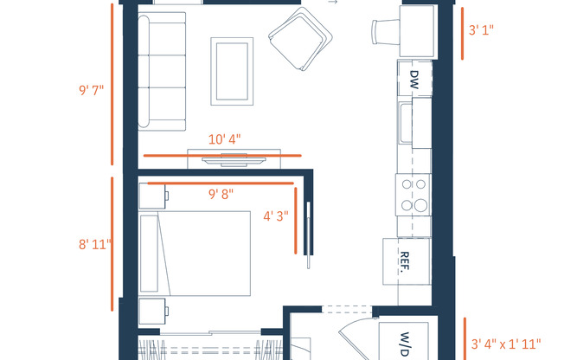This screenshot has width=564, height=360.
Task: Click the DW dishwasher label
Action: tap(413, 80)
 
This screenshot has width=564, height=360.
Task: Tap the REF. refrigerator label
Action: tap(404, 261)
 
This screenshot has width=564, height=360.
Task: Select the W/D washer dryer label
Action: tap(403, 343)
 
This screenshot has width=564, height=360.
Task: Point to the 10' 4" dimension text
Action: tap(224, 138)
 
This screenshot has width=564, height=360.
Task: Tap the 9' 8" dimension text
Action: tap(221, 195)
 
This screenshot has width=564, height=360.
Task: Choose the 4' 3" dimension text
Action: tap(275, 216)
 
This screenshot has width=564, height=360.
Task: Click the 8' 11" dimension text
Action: tap(95, 244)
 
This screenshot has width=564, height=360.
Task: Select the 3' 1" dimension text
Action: tap(481, 30)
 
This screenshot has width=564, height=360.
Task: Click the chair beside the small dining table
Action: tap(381, 31)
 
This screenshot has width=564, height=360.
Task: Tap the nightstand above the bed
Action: tap(153, 196)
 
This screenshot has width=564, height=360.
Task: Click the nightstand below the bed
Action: tap(153, 310)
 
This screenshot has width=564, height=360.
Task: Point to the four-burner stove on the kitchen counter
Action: tap(413, 195)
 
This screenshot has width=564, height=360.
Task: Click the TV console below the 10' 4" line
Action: tap(234, 160)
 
